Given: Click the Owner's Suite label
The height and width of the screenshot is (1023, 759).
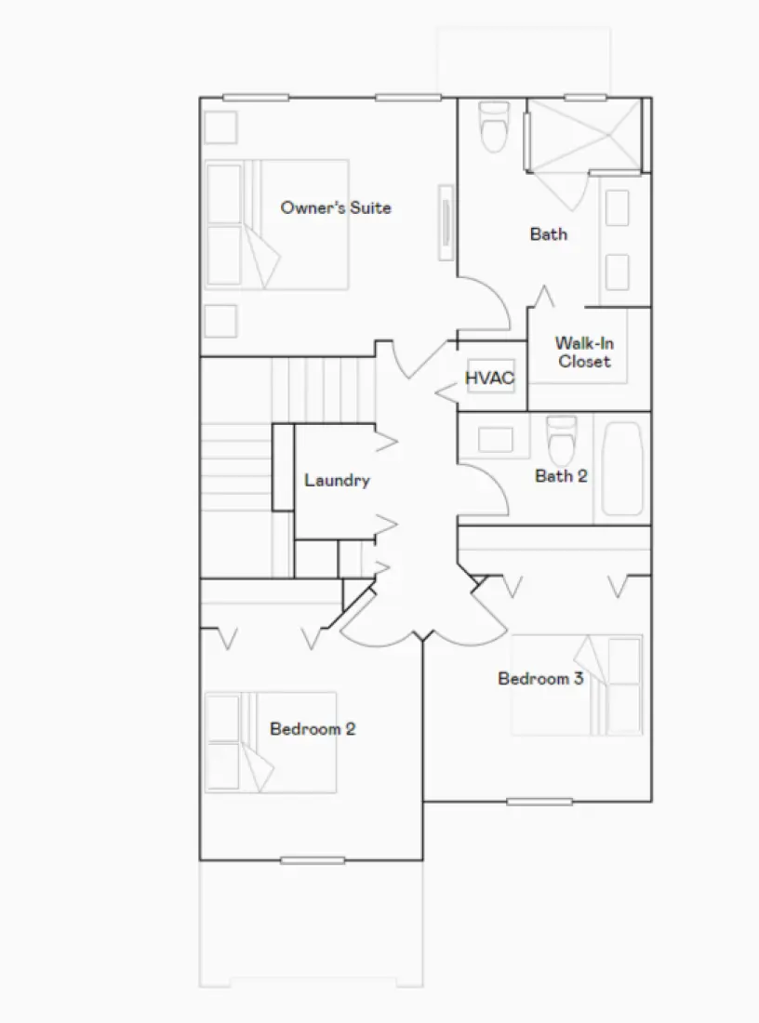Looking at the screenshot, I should pos(336,207).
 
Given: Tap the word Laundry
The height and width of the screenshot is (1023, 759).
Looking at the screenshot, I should pos(337,481).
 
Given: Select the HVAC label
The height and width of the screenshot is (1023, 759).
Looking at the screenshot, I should pos(489,379).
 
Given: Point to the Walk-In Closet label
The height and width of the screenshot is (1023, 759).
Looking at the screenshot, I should pos(584,352).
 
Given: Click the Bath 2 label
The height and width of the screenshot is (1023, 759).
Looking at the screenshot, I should pos(561,476).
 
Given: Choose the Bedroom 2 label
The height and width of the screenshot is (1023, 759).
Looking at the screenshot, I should pos(313,728).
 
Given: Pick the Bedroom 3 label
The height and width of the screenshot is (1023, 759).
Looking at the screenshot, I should pos(540,678).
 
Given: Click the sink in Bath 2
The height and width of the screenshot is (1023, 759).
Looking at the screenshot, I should pos(495,438).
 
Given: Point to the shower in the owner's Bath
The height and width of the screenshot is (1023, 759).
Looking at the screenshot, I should pos(583,135).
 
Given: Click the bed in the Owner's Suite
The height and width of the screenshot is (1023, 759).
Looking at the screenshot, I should pos(276,224).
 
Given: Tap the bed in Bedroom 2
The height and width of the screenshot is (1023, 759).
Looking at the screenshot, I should pos(270,741).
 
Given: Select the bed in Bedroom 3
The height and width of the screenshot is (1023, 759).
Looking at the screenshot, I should pos(577,685).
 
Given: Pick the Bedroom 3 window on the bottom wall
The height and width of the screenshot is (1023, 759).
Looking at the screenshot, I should pos(539,802).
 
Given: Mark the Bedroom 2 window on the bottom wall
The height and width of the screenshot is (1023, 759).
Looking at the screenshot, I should pos(313,860).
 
